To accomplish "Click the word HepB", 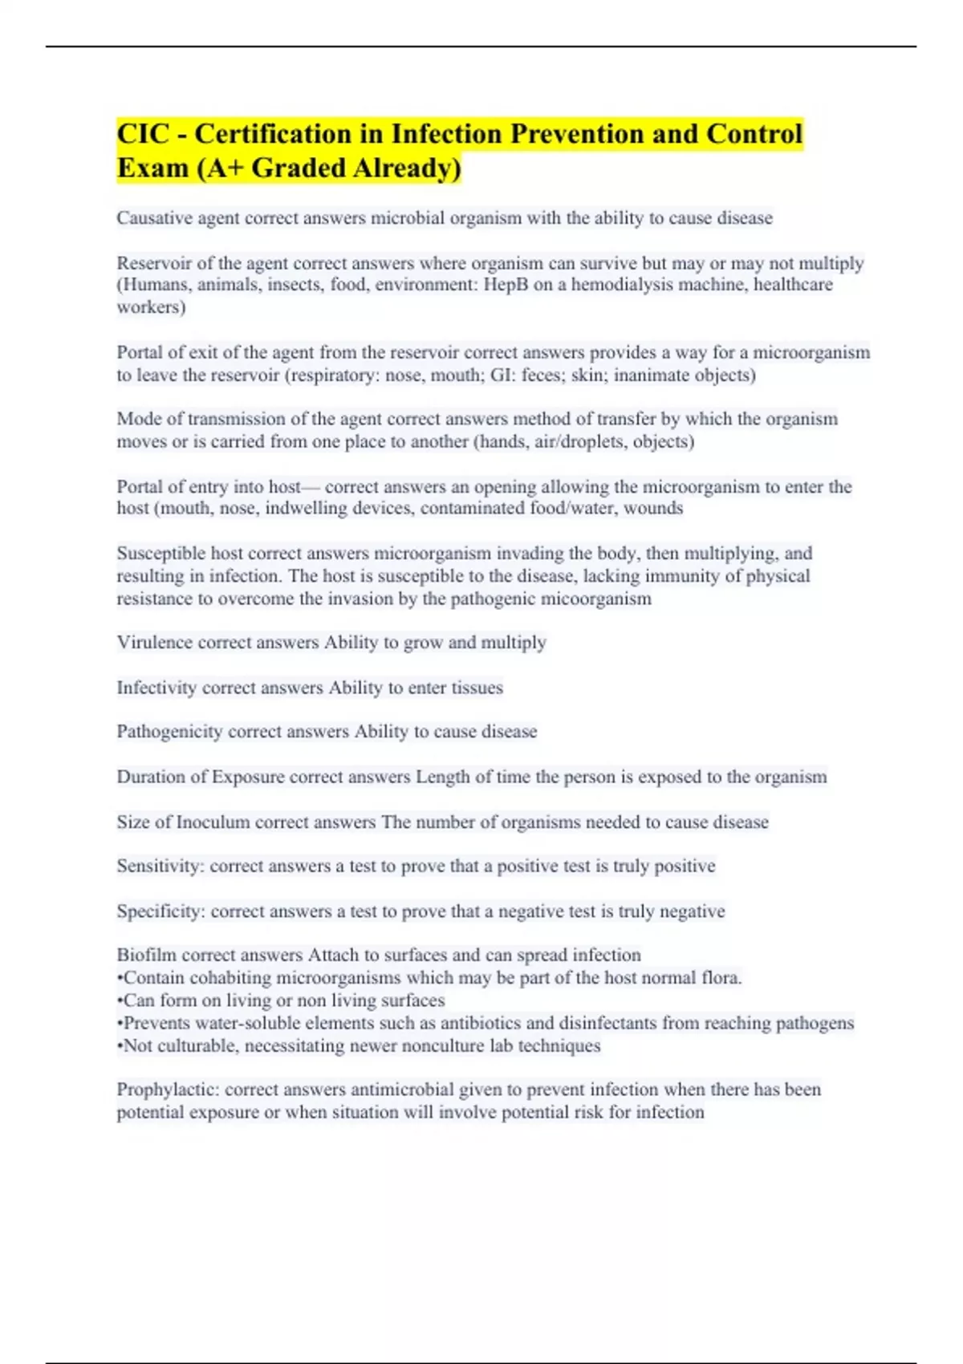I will (x=506, y=285).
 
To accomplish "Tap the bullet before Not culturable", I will (x=120, y=1046).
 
